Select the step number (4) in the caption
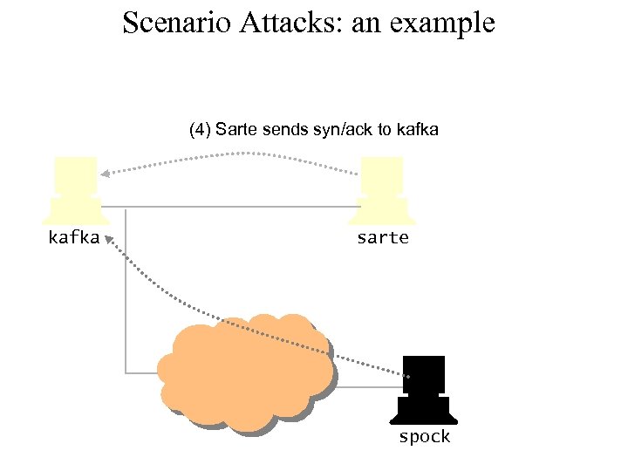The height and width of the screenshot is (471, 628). point(200,131)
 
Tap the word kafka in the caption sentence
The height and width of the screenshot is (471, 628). point(417,131)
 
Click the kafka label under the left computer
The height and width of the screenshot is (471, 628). point(73,237)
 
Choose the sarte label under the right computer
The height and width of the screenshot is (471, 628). point(382,237)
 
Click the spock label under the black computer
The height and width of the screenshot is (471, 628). point(424,436)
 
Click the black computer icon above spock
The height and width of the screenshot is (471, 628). point(424,389)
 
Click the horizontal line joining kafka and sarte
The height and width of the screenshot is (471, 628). point(235,208)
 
